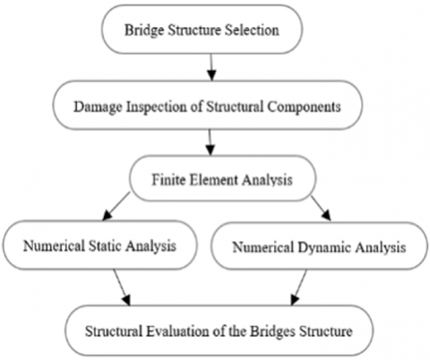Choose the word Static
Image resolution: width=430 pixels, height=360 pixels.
point(105,246)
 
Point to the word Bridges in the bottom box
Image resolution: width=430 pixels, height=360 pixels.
point(272,331)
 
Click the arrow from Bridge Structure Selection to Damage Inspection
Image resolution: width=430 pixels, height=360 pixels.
point(211,67)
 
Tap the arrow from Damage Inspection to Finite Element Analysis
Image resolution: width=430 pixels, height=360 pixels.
point(211,142)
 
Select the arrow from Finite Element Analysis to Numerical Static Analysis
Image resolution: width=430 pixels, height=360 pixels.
point(116,206)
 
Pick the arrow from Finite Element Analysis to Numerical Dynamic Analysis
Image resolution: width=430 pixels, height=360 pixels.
point(322,208)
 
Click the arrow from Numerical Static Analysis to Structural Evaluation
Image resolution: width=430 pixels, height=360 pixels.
point(122,287)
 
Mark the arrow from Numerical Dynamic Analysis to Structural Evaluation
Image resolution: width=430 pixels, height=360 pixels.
point(299,287)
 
